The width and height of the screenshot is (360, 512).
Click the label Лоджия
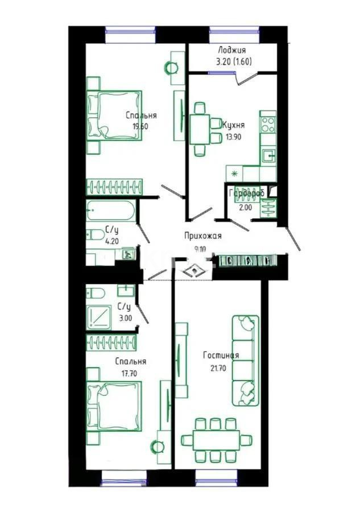point(231,50)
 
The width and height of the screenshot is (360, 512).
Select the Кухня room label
point(234,124)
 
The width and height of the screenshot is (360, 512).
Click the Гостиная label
point(221,356)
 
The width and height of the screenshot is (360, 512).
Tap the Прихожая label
point(202,236)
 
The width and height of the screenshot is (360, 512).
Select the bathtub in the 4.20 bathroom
point(111,212)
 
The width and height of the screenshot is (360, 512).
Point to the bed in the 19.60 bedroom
point(114,114)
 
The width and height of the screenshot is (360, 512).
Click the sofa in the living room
point(245,360)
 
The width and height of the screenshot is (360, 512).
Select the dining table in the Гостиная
point(216,439)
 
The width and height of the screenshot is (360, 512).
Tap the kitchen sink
point(268,154)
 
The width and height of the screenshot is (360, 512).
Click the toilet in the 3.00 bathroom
point(96,294)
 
